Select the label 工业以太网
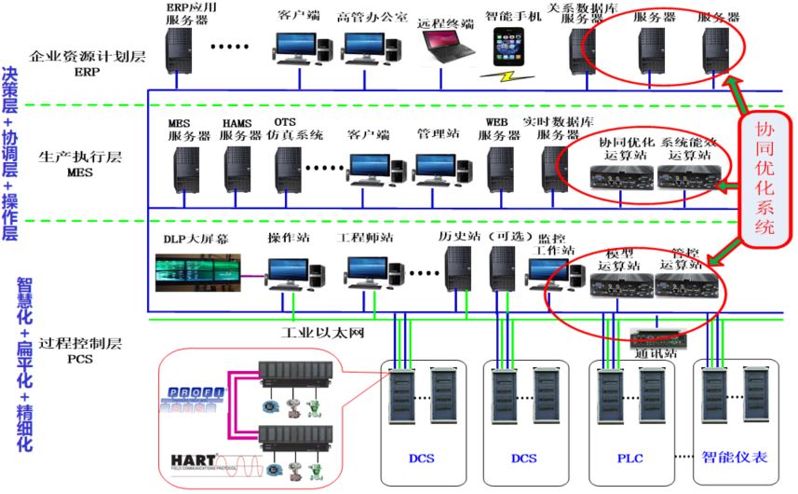tap(321, 332)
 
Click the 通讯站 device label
tap(660, 354)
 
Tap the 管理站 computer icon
tap(436, 167)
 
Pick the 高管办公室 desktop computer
tap(366, 46)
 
